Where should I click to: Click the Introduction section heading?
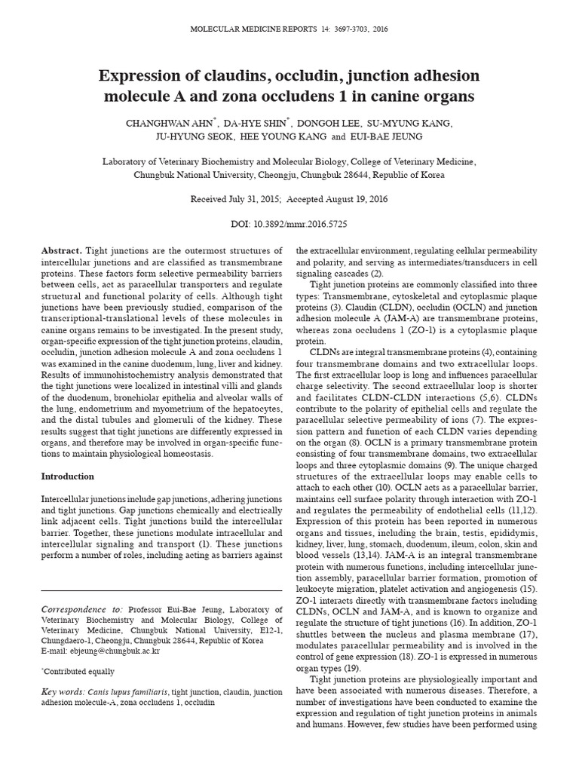click(x=67, y=476)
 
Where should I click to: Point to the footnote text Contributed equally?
click(x=79, y=671)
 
